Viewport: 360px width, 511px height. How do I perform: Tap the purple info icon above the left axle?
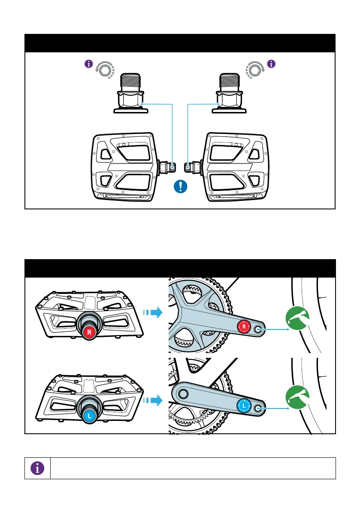(x=88, y=64)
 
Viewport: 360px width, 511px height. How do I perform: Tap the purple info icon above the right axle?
(x=271, y=64)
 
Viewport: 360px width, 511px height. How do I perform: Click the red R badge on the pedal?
(x=89, y=332)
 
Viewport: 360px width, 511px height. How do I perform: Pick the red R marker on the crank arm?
(x=244, y=327)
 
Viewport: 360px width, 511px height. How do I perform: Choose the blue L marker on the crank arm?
(x=243, y=405)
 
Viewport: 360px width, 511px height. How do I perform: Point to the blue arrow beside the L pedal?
(x=155, y=401)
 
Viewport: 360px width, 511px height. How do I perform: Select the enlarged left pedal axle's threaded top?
(x=130, y=80)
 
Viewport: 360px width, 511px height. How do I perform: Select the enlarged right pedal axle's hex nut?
(x=230, y=100)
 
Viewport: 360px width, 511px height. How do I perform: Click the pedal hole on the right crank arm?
(x=259, y=330)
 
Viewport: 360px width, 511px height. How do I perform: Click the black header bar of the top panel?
(x=180, y=43)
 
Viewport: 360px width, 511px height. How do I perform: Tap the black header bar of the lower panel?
(x=180, y=268)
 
